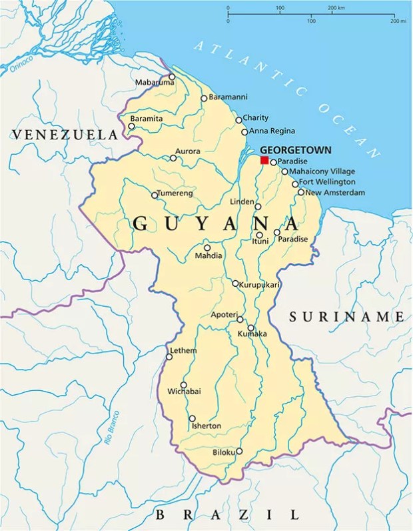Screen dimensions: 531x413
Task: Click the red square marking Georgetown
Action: [264, 160]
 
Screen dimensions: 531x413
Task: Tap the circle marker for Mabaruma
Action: [172, 77]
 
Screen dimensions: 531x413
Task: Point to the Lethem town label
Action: [183, 350]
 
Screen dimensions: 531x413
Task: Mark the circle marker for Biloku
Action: [239, 451]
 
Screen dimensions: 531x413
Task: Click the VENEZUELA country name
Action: [64, 135]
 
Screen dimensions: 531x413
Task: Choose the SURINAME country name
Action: [346, 317]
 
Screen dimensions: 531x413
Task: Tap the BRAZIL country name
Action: [226, 514]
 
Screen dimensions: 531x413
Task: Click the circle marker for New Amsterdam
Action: [301, 192]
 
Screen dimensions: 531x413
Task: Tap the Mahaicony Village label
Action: [322, 171]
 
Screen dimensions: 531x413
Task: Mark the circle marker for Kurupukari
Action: [235, 284]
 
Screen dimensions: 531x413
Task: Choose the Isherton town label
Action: [206, 426]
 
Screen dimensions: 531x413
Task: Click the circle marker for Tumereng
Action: [155, 195]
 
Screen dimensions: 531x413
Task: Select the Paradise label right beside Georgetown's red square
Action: [293, 161]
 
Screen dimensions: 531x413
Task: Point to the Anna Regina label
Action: [271, 131]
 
